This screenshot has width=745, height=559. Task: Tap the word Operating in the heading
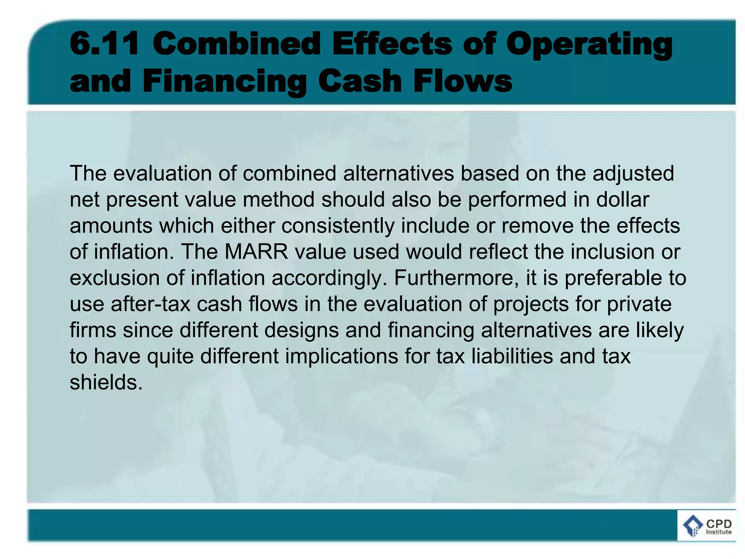point(589,45)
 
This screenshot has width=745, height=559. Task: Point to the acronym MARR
point(256,251)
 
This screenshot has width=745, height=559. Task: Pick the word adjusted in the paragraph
point(633,173)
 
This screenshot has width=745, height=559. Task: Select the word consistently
point(338,226)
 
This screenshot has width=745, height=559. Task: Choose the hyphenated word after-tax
point(151,304)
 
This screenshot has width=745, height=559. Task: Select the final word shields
point(106,382)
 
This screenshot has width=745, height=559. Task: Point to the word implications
point(342,356)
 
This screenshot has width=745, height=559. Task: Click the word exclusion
point(114,278)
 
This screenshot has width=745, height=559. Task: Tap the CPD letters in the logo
point(718,524)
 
